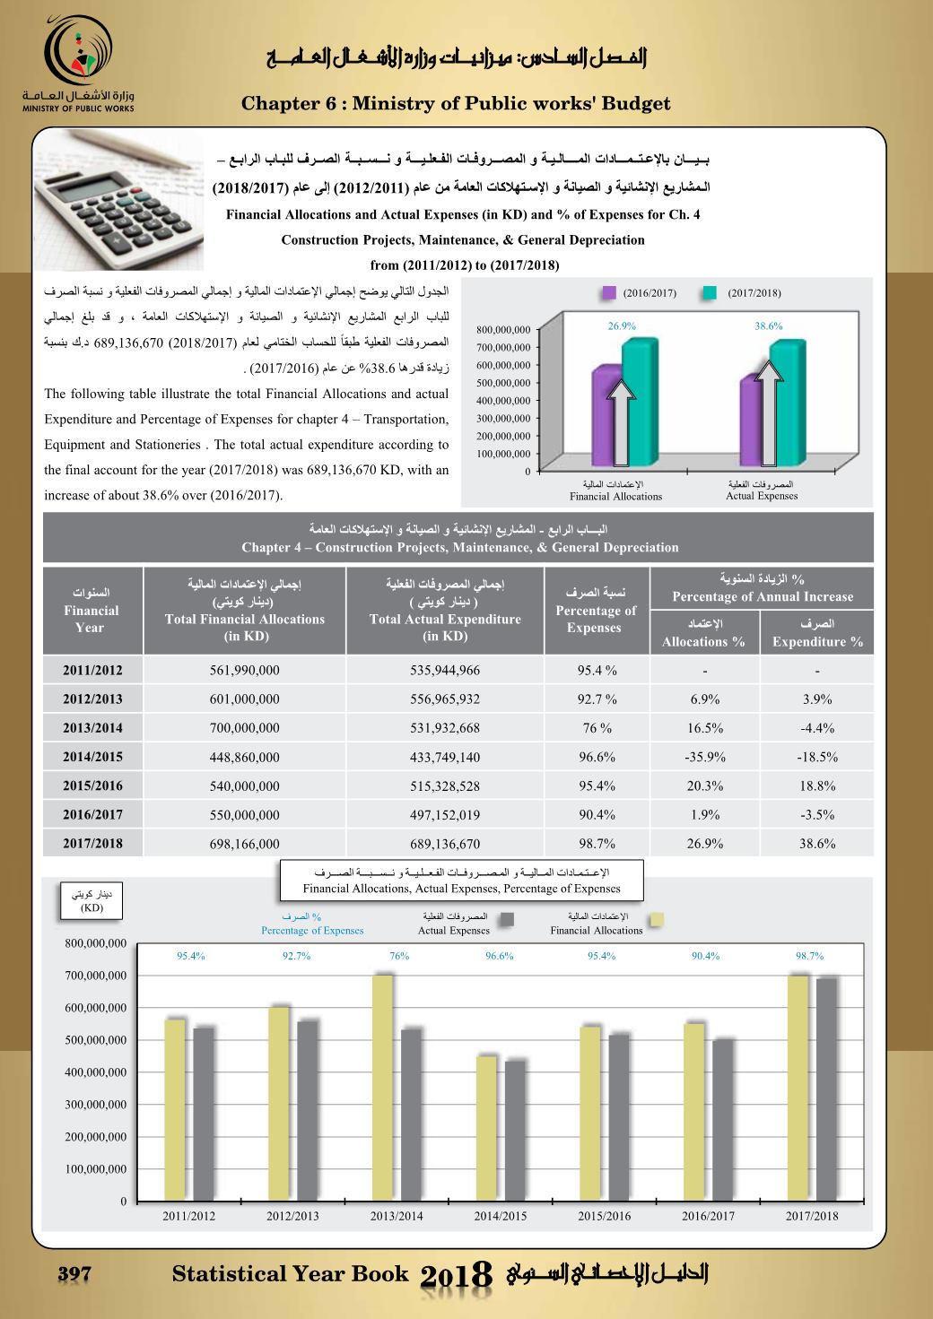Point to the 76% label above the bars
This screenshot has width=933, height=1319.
click(x=399, y=956)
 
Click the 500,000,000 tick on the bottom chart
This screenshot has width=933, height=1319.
click(x=96, y=1040)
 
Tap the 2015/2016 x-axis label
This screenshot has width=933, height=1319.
click(x=604, y=1216)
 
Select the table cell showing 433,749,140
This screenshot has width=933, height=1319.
click(x=445, y=757)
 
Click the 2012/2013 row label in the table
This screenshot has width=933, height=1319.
click(x=92, y=699)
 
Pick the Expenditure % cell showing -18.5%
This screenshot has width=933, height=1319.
click(x=816, y=757)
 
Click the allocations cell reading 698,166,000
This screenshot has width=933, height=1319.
click(x=244, y=844)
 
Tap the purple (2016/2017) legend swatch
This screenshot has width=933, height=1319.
click(x=609, y=293)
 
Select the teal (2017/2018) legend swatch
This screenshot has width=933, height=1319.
click(x=710, y=293)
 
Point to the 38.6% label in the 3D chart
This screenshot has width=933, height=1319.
click(x=768, y=326)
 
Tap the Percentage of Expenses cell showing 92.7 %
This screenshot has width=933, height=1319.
click(x=597, y=699)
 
